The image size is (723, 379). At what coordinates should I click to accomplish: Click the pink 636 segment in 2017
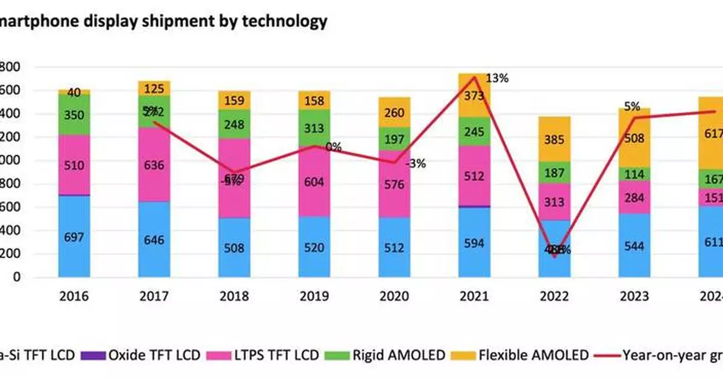coord(154,164)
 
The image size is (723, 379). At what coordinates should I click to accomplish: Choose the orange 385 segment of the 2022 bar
coord(555,139)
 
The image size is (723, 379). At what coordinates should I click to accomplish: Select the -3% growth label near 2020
coord(416,163)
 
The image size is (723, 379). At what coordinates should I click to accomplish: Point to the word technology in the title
coord(284,21)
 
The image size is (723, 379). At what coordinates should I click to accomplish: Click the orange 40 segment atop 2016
coord(74,92)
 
